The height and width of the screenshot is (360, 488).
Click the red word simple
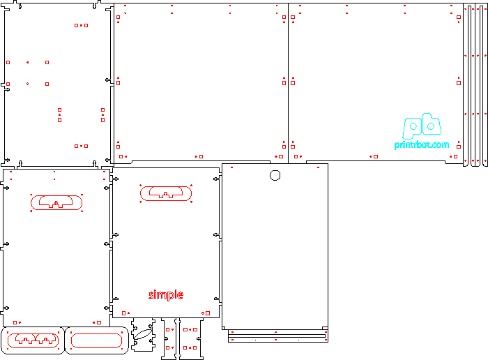(166, 294)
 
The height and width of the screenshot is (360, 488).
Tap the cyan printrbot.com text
(422, 145)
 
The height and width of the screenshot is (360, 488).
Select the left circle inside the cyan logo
(413, 126)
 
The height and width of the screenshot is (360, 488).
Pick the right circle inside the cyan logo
(431, 126)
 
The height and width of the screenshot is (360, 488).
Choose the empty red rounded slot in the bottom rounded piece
(96, 340)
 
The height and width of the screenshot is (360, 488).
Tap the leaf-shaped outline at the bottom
(143, 334)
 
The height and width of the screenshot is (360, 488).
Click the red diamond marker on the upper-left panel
(28, 84)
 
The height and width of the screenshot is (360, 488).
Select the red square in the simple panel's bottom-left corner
(123, 313)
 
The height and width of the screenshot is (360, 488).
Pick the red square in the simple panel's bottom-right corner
(208, 313)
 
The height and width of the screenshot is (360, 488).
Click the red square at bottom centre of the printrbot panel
(376, 157)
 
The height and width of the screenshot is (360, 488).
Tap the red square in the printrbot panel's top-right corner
(459, 17)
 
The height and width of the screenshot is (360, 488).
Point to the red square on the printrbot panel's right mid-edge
(459, 83)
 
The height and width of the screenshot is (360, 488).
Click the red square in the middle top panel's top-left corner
(119, 17)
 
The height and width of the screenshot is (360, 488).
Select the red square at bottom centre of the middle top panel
(201, 157)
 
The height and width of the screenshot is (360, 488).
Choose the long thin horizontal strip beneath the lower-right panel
(277, 336)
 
